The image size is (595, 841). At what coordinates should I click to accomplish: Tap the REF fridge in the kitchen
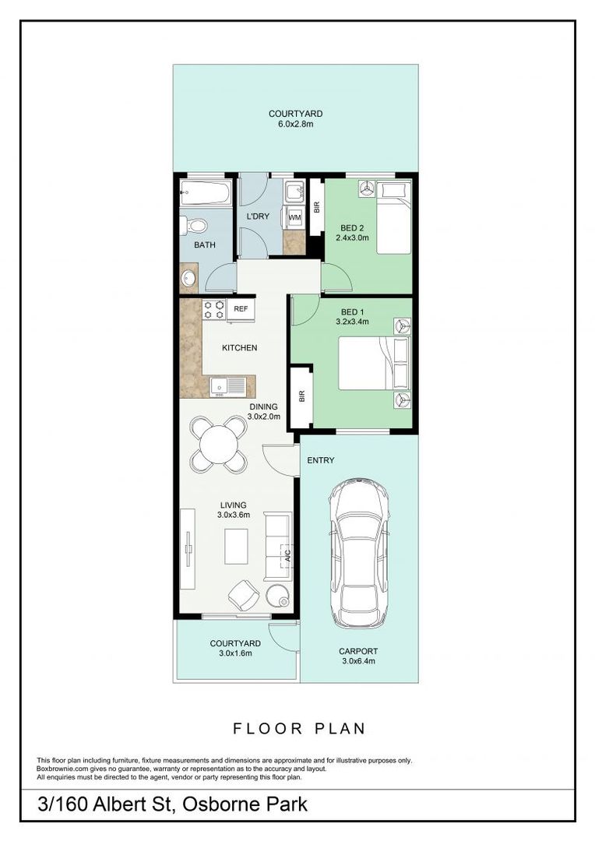coord(241,310)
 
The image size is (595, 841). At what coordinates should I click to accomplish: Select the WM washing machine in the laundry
coord(294,218)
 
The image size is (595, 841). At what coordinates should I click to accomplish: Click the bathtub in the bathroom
coord(206,192)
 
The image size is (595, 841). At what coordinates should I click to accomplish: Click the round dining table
coord(218,445)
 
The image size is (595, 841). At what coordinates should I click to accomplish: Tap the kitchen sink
coord(228,387)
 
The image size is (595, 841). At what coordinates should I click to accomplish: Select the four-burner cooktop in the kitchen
coord(213,310)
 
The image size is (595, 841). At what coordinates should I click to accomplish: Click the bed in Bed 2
coord(394,218)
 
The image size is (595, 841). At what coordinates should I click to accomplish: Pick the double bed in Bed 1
coord(375,363)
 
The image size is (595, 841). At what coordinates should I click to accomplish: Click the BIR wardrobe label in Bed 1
coord(301,396)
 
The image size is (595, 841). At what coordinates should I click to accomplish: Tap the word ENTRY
coord(321,460)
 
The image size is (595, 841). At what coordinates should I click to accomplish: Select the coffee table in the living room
coord(236,547)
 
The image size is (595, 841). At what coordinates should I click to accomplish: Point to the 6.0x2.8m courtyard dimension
coord(296,124)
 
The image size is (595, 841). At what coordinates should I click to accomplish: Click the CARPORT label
coord(358,651)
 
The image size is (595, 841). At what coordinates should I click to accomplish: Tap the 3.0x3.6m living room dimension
coord(234,515)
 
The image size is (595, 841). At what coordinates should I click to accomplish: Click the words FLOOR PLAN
coord(299,729)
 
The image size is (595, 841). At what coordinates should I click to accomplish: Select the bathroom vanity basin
coord(188,278)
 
